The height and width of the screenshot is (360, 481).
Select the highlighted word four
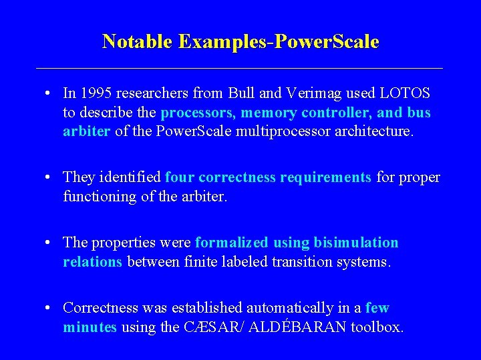[179, 177]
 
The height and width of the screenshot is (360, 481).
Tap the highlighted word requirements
[326, 177]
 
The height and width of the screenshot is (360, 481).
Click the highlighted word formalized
[230, 243]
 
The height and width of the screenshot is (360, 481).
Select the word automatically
[299, 308]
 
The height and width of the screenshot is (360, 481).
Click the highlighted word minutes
[90, 327]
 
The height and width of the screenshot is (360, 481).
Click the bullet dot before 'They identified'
[50, 178]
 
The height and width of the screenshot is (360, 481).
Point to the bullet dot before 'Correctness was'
[50, 309]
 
